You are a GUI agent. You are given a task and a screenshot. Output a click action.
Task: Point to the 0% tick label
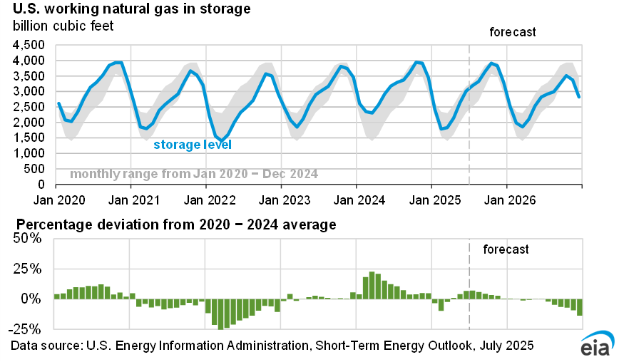point(36,299)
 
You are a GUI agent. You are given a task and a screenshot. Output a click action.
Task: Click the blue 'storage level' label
point(193,145)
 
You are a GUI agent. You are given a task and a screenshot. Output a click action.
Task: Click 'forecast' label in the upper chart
point(512,32)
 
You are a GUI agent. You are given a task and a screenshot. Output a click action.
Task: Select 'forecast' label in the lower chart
point(506,249)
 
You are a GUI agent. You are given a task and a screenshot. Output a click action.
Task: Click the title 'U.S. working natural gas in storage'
point(131,10)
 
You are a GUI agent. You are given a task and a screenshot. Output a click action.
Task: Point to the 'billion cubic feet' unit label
point(63,26)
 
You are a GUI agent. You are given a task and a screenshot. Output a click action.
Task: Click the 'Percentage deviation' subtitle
point(173,225)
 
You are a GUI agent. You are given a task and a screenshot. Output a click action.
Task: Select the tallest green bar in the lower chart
point(372,285)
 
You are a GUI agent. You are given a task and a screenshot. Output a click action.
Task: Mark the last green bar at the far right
point(580,306)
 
